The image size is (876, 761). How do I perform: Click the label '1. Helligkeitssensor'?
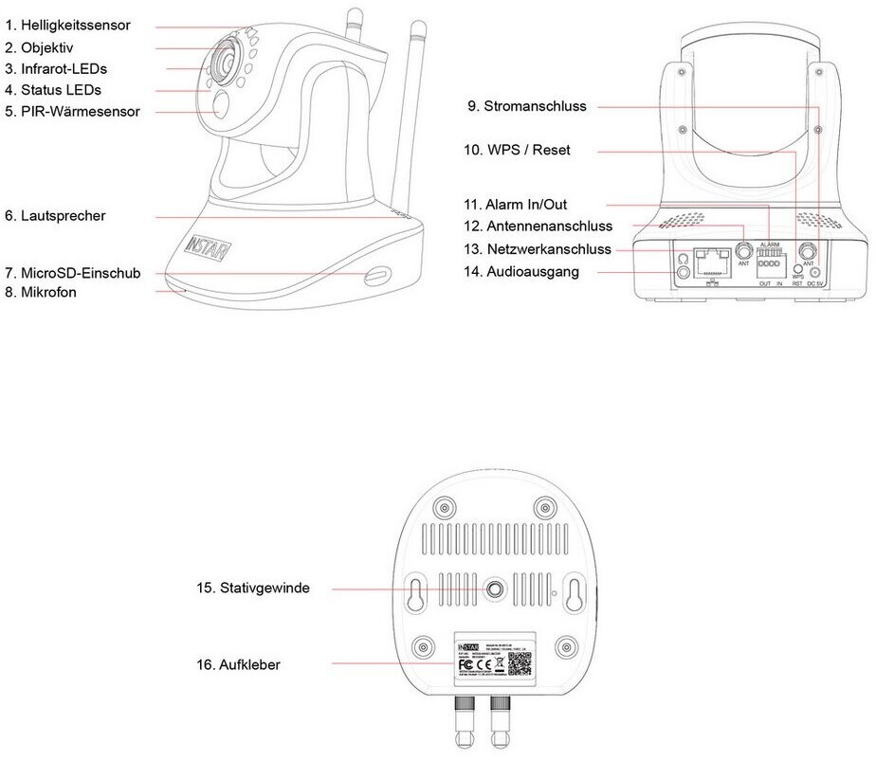pos(67,26)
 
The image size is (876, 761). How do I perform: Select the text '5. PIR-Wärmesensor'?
pos(72,112)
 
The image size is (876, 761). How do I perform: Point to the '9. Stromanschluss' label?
pos(527,107)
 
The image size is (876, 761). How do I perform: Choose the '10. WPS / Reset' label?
pos(517,151)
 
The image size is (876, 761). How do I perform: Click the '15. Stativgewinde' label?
pos(253,589)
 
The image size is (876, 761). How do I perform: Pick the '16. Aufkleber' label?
pos(239,665)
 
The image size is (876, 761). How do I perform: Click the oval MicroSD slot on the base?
pos(376,274)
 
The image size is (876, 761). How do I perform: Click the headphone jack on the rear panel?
pos(684,273)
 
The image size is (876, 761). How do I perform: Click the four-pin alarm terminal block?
pos(769,268)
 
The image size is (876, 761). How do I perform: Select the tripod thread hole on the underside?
pos(494,590)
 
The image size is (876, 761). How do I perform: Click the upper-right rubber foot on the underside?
pos(544,506)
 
